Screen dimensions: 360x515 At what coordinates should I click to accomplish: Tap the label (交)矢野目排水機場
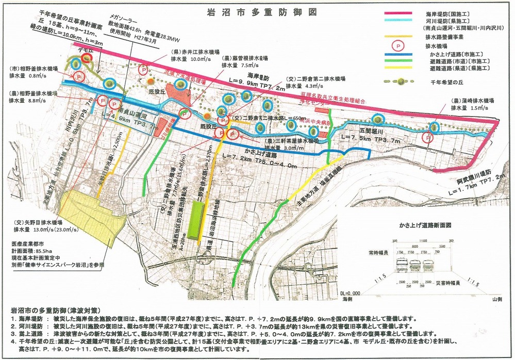point(41,223)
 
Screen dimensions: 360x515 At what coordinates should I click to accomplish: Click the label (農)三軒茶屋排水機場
point(290,141)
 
